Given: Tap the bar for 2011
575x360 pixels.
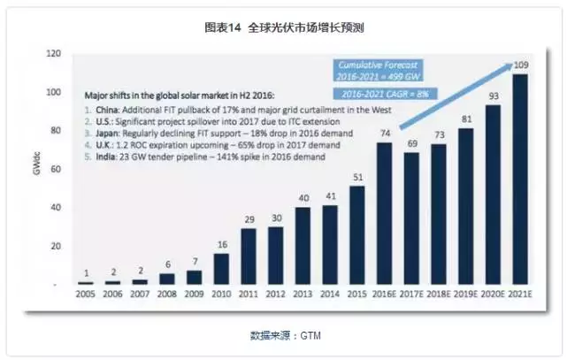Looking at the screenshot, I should click(x=248, y=256).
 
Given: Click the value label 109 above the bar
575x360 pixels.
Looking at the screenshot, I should click(x=521, y=65).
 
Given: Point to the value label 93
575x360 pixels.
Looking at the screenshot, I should click(x=493, y=96).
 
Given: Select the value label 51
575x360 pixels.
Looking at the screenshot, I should click(x=356, y=177).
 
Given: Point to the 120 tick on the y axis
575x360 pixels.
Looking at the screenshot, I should click(x=55, y=55).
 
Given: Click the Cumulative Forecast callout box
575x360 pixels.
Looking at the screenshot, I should click(x=379, y=70).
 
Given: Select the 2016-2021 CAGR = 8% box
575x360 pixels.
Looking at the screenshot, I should click(x=378, y=93).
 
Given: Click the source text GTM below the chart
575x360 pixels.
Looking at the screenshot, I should click(x=310, y=335).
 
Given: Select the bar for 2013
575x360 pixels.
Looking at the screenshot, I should click(x=303, y=245).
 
